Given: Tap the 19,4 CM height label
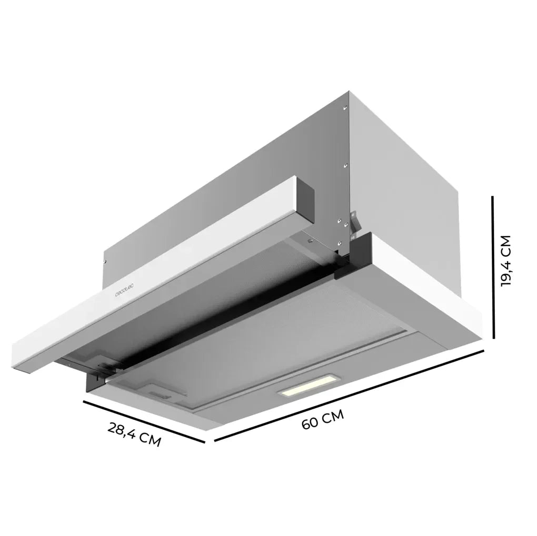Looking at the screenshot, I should [506, 261].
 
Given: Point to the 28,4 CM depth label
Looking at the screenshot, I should [134, 433].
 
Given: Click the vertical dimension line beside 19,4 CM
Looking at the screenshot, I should [493, 267].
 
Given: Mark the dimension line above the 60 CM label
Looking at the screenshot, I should [349, 396].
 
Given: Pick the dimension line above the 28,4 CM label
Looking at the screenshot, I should [143, 421].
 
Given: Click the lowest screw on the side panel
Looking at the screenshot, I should [341, 242].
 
